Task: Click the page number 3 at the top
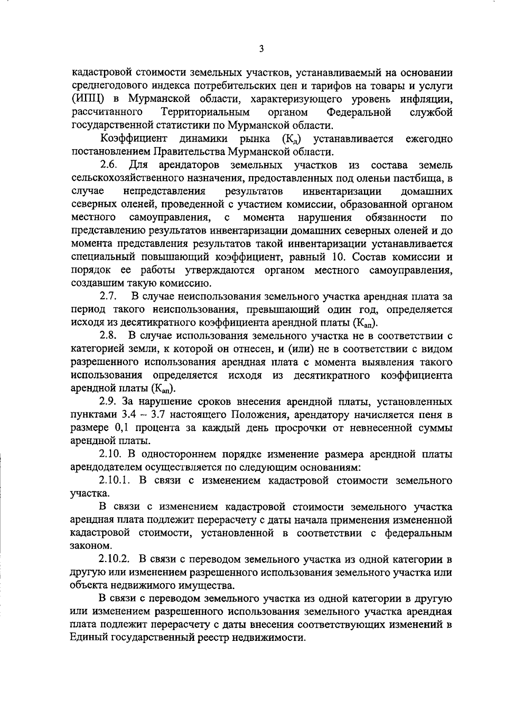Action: pyautogui.click(x=261, y=49)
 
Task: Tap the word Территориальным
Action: pyautogui.click(x=205, y=113)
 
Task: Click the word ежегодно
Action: pyautogui.click(x=429, y=139)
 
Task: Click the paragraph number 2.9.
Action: pyautogui.click(x=108, y=402)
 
